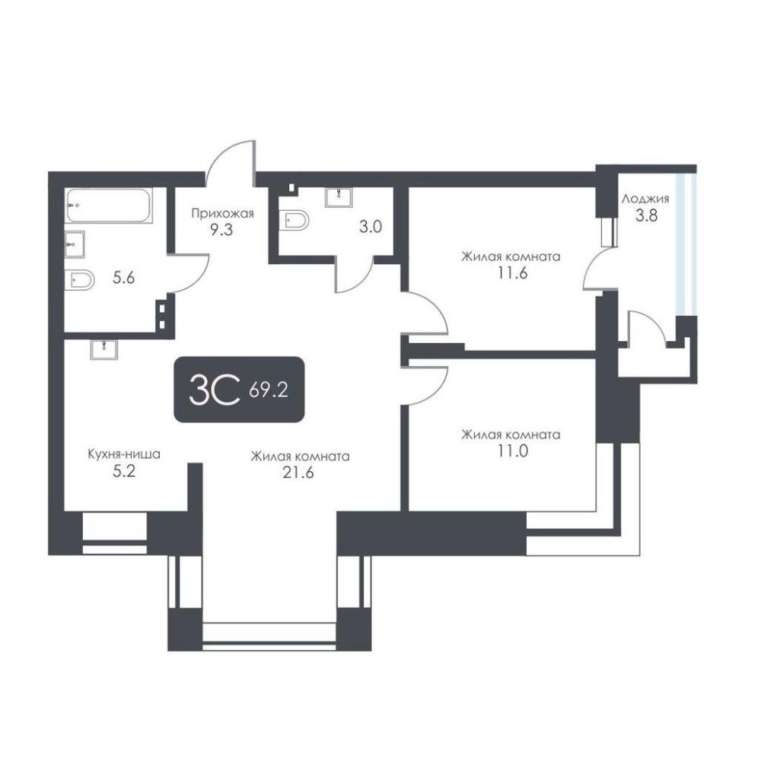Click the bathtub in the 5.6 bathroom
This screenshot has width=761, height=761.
pos(109,205)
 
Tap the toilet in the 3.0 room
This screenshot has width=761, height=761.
pos(294,221)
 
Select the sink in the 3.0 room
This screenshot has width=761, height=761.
pos(339,197)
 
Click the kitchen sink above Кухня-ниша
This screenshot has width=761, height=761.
pos(103,349)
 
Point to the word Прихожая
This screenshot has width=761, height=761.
pos(222,213)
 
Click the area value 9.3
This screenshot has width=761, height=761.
pos(221,230)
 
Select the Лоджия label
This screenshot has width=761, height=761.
pos(645,199)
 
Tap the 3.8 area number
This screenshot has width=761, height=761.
pos(646,215)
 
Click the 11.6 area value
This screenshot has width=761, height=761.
pos(512,273)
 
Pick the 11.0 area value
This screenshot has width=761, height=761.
pos(512,451)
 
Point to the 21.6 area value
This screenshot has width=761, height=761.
pos(298,473)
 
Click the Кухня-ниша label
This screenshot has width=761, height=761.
pos(124,455)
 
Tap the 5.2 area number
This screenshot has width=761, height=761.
pos(124,471)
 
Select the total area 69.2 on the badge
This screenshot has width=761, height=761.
pos(269,390)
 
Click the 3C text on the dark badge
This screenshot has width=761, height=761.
pos(215,390)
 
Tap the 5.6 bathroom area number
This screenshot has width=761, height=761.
pos(124,278)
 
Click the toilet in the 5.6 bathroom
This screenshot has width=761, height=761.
pos(80,280)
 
